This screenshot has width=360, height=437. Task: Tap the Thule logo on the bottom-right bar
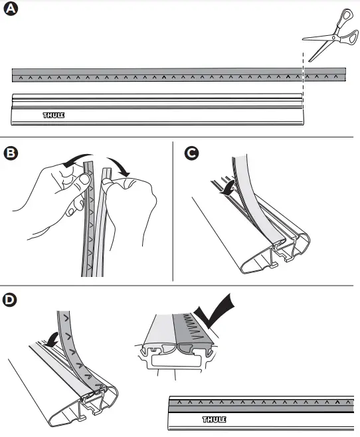point(214,420)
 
